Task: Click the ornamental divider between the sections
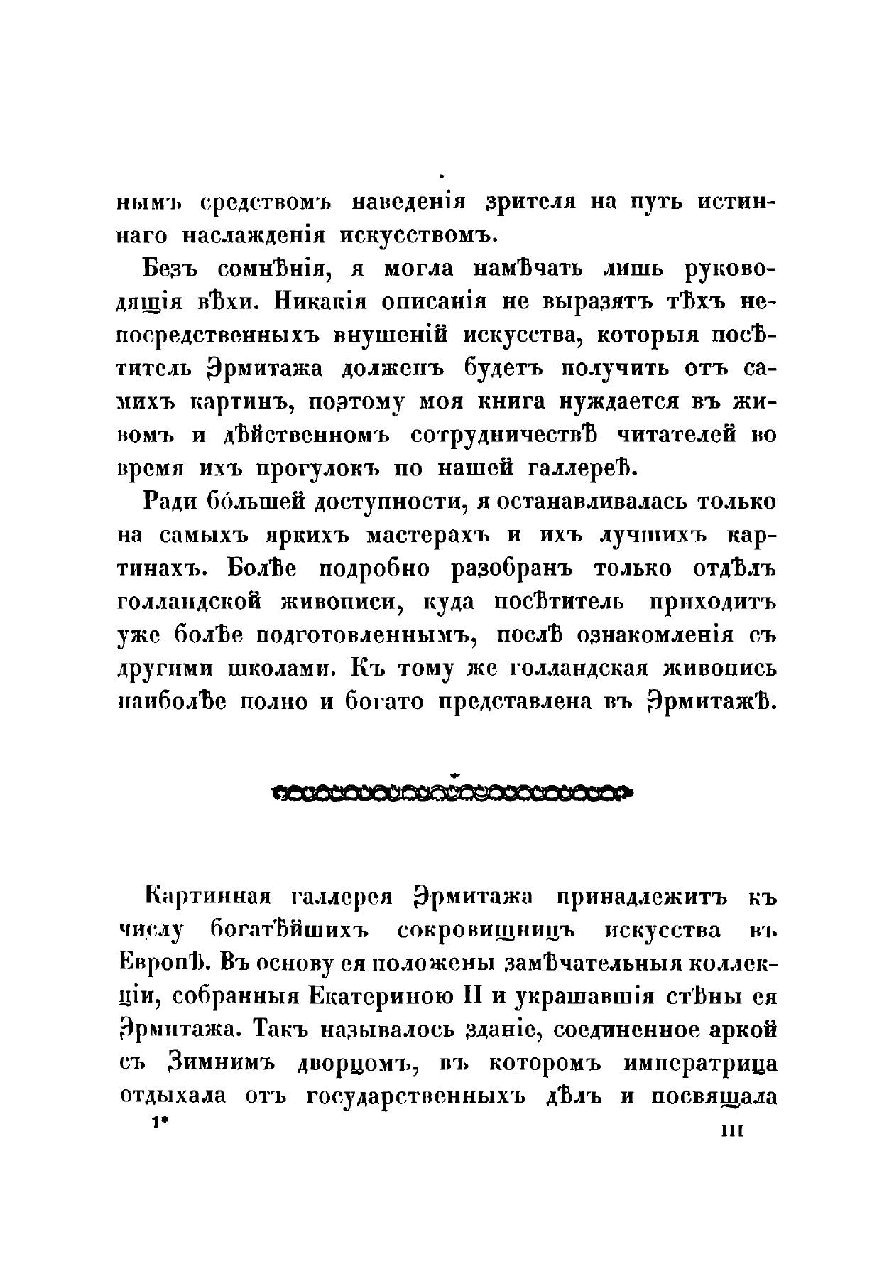point(452,791)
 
